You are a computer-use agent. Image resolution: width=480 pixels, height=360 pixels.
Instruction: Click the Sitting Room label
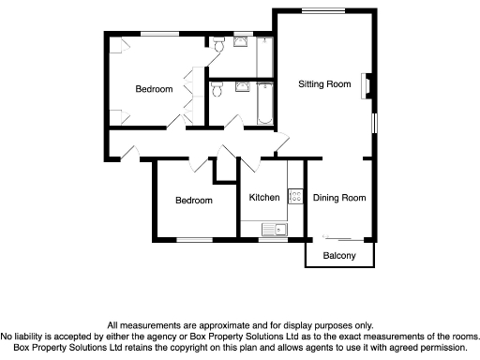(x=324, y=84)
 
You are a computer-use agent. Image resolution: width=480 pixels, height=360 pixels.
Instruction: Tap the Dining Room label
(x=339, y=198)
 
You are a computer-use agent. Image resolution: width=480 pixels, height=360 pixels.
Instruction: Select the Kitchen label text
(x=263, y=198)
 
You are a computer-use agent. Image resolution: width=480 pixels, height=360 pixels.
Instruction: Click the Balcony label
(x=339, y=256)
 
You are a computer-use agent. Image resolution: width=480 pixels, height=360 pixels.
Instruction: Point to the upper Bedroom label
(x=154, y=90)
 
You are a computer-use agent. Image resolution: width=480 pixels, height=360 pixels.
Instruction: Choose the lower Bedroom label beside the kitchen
(x=194, y=201)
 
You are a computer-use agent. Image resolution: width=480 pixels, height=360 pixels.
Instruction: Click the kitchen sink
(x=277, y=229)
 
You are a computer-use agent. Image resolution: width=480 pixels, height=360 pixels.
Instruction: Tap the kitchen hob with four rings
(x=294, y=197)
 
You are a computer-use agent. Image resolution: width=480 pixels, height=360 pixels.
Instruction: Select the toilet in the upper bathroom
(x=217, y=44)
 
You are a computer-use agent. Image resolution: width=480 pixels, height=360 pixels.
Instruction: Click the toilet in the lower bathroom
(x=217, y=89)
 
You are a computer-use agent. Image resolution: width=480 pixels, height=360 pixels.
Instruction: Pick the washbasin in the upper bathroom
(x=241, y=40)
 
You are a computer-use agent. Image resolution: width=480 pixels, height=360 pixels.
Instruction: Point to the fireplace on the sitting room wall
(x=369, y=86)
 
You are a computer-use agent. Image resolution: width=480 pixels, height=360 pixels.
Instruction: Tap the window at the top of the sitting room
(x=325, y=9)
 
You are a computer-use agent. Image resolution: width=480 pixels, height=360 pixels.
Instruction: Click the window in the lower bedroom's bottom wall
(x=195, y=240)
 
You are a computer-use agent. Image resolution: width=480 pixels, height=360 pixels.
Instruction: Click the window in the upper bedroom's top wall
(x=154, y=34)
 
